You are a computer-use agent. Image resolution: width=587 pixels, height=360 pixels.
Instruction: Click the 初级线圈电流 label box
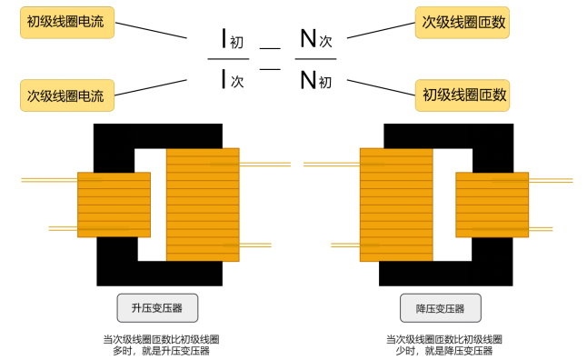(67, 22)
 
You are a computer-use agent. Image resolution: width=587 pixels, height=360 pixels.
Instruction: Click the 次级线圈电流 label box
(67, 94)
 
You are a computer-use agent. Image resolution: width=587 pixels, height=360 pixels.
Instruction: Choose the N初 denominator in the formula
(315, 81)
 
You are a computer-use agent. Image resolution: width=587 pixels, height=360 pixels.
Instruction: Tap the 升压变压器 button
(157, 308)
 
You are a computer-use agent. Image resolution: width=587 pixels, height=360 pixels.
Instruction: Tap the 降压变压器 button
(440, 308)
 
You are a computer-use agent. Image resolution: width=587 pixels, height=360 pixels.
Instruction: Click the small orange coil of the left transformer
(114, 205)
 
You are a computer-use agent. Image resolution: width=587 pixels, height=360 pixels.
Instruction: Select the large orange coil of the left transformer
(202, 204)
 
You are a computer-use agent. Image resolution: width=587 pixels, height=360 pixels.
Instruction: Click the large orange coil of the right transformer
(396, 204)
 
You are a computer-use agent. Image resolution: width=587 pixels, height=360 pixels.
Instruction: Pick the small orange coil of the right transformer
(491, 205)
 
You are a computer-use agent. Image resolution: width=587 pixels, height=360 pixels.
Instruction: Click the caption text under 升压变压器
(161, 345)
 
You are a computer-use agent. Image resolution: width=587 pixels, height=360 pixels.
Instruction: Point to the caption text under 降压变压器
(443, 345)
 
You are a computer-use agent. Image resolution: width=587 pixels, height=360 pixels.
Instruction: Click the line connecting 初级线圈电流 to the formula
(154, 30)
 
